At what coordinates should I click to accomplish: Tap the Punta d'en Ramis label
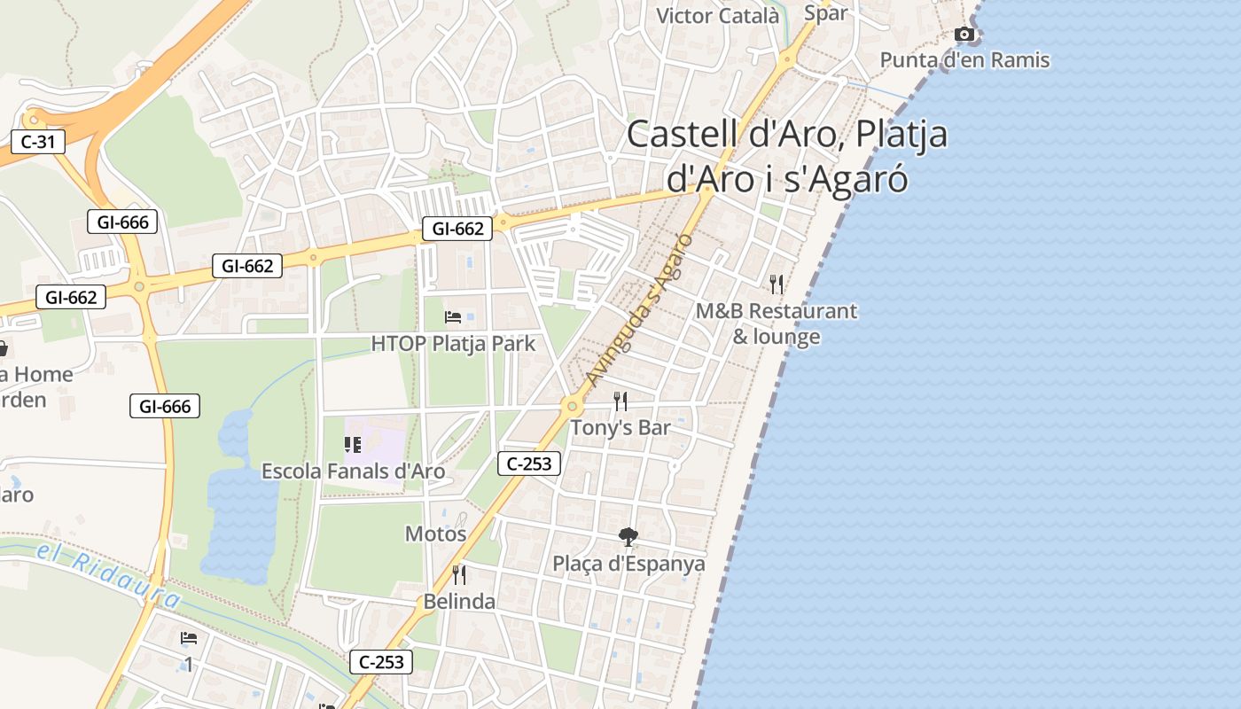click(964, 60)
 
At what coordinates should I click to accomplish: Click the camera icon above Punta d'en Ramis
click(964, 35)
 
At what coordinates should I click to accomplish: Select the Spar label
click(825, 12)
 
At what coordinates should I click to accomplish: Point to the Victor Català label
click(718, 15)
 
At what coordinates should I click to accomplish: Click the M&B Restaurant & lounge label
click(777, 323)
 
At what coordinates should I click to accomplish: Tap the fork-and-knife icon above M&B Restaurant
click(777, 284)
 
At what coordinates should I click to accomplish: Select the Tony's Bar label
click(620, 427)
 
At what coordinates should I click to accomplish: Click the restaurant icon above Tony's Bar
click(620, 401)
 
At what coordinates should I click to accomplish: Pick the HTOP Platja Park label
click(453, 343)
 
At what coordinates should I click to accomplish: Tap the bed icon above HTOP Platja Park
click(453, 316)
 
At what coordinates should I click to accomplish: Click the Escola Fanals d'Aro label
click(353, 471)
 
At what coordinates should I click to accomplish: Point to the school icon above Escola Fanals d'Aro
click(353, 445)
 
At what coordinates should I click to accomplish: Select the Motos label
click(435, 534)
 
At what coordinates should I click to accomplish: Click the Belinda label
click(459, 602)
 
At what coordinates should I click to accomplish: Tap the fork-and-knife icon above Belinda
click(459, 575)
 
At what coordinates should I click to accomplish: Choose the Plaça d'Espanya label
click(628, 564)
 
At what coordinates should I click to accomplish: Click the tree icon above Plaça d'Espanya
click(628, 536)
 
